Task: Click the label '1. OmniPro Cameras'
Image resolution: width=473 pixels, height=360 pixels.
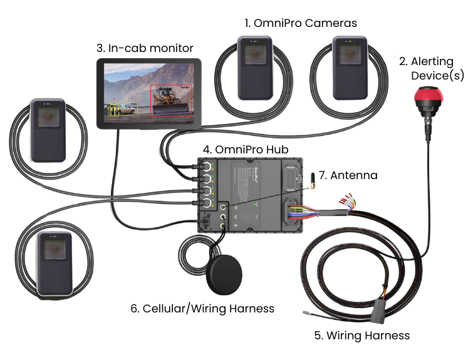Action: click(301, 23)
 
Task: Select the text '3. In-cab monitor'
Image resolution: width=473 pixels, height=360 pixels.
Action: click(144, 48)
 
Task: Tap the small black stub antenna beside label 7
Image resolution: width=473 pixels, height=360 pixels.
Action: click(310, 181)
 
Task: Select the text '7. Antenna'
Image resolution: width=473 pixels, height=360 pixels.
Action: click(348, 175)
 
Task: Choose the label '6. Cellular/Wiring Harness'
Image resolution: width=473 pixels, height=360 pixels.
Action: click(202, 309)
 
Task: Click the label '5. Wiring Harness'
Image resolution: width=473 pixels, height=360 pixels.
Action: click(361, 336)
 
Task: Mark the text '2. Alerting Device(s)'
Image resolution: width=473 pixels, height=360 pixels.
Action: click(430, 68)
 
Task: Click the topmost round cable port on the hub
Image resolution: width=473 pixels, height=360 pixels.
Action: click(205, 168)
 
